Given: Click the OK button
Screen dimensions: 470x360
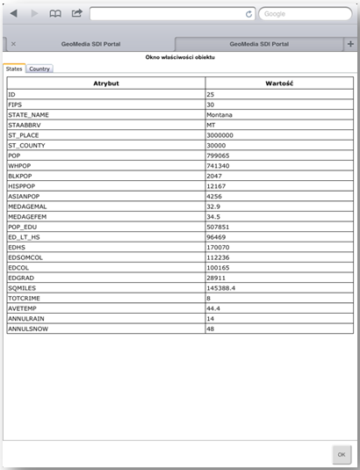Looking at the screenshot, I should pos(341,454).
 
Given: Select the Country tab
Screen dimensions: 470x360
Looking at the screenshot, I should pos(39,69).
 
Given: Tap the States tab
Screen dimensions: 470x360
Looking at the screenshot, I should pos(14,69).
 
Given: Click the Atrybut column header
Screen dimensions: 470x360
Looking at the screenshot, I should pos(105,83).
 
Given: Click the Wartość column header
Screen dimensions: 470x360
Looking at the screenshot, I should pos(278,83).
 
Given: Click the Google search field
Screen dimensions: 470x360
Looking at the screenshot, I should pos(303,14).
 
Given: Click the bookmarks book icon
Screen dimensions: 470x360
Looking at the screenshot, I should pos(54,14).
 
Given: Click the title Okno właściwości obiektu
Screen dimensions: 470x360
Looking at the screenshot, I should pos(180,57).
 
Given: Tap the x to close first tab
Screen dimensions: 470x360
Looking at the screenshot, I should pos(13,43).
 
